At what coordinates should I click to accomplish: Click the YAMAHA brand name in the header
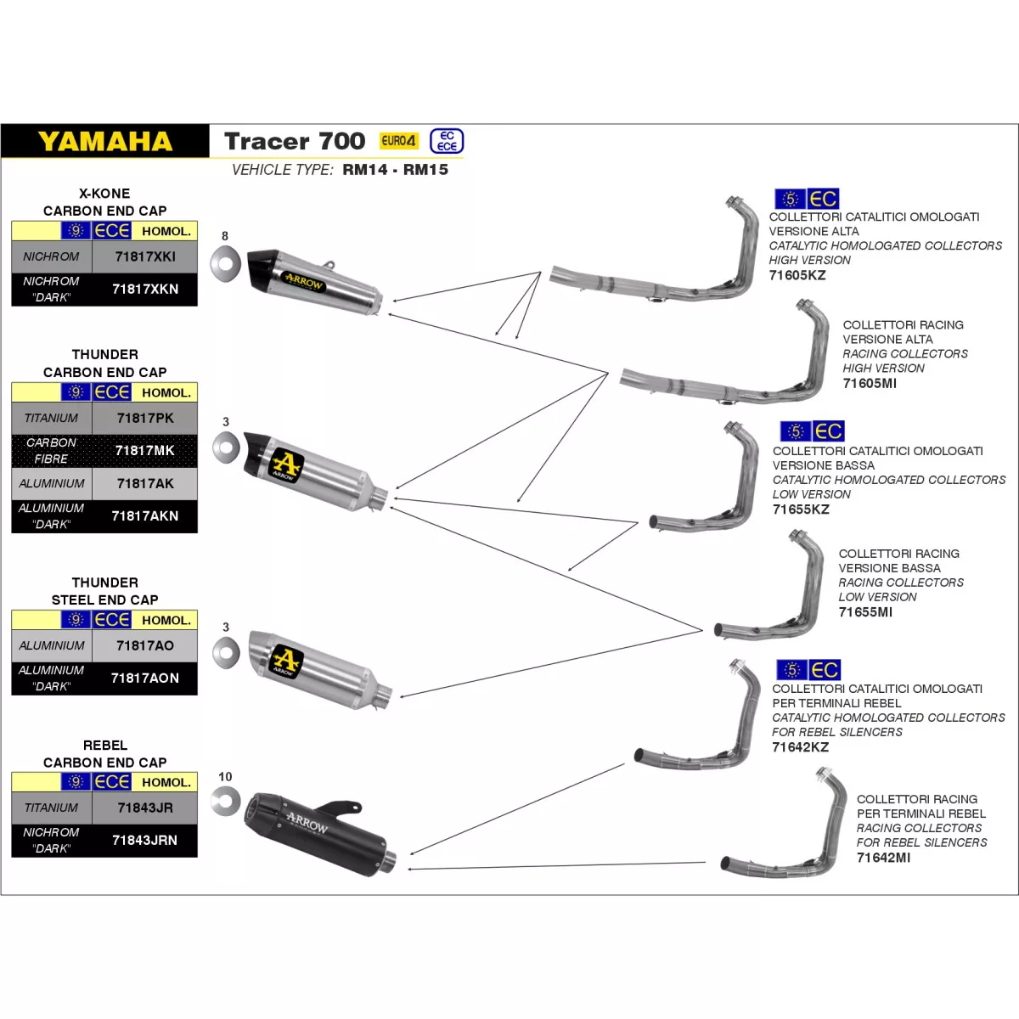point(105,141)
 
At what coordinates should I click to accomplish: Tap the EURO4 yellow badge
point(398,141)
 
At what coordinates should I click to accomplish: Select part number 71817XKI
point(145,256)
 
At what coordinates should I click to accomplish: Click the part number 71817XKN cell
point(145,289)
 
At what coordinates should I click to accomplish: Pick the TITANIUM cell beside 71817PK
point(52,418)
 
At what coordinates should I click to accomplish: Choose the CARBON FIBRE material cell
point(52,450)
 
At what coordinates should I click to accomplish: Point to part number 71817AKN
point(145,515)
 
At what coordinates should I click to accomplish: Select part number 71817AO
point(145,645)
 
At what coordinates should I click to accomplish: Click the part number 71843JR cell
point(145,808)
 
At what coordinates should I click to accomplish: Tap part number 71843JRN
point(145,840)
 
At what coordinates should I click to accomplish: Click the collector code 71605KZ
point(797,275)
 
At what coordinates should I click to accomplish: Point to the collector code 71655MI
point(864,611)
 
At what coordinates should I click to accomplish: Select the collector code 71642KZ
point(800,747)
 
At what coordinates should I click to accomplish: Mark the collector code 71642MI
point(883,858)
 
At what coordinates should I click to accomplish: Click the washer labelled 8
point(226,263)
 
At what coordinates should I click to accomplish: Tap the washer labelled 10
point(226,801)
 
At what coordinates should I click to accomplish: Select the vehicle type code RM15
point(425,170)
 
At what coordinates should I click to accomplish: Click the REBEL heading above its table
point(104,745)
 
